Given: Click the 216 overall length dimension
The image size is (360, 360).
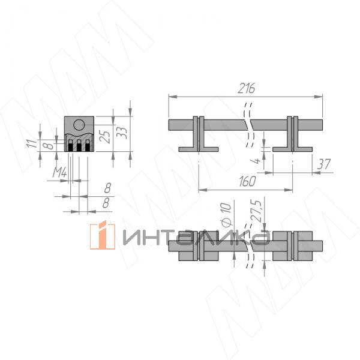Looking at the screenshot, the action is [x=246, y=88].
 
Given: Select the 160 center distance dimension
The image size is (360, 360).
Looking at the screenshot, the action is [x=247, y=181].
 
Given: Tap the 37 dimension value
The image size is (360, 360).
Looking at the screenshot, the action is [x=323, y=164].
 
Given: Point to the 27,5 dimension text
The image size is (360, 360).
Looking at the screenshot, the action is [x=258, y=211].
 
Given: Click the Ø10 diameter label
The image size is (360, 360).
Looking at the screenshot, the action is [x=227, y=214].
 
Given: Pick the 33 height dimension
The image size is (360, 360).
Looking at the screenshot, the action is [x=122, y=133].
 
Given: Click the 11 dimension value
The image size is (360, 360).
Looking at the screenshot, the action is [x=32, y=143].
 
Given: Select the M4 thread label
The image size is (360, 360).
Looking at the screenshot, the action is [x=59, y=172].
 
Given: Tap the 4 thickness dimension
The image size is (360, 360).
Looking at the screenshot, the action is [x=256, y=160].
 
